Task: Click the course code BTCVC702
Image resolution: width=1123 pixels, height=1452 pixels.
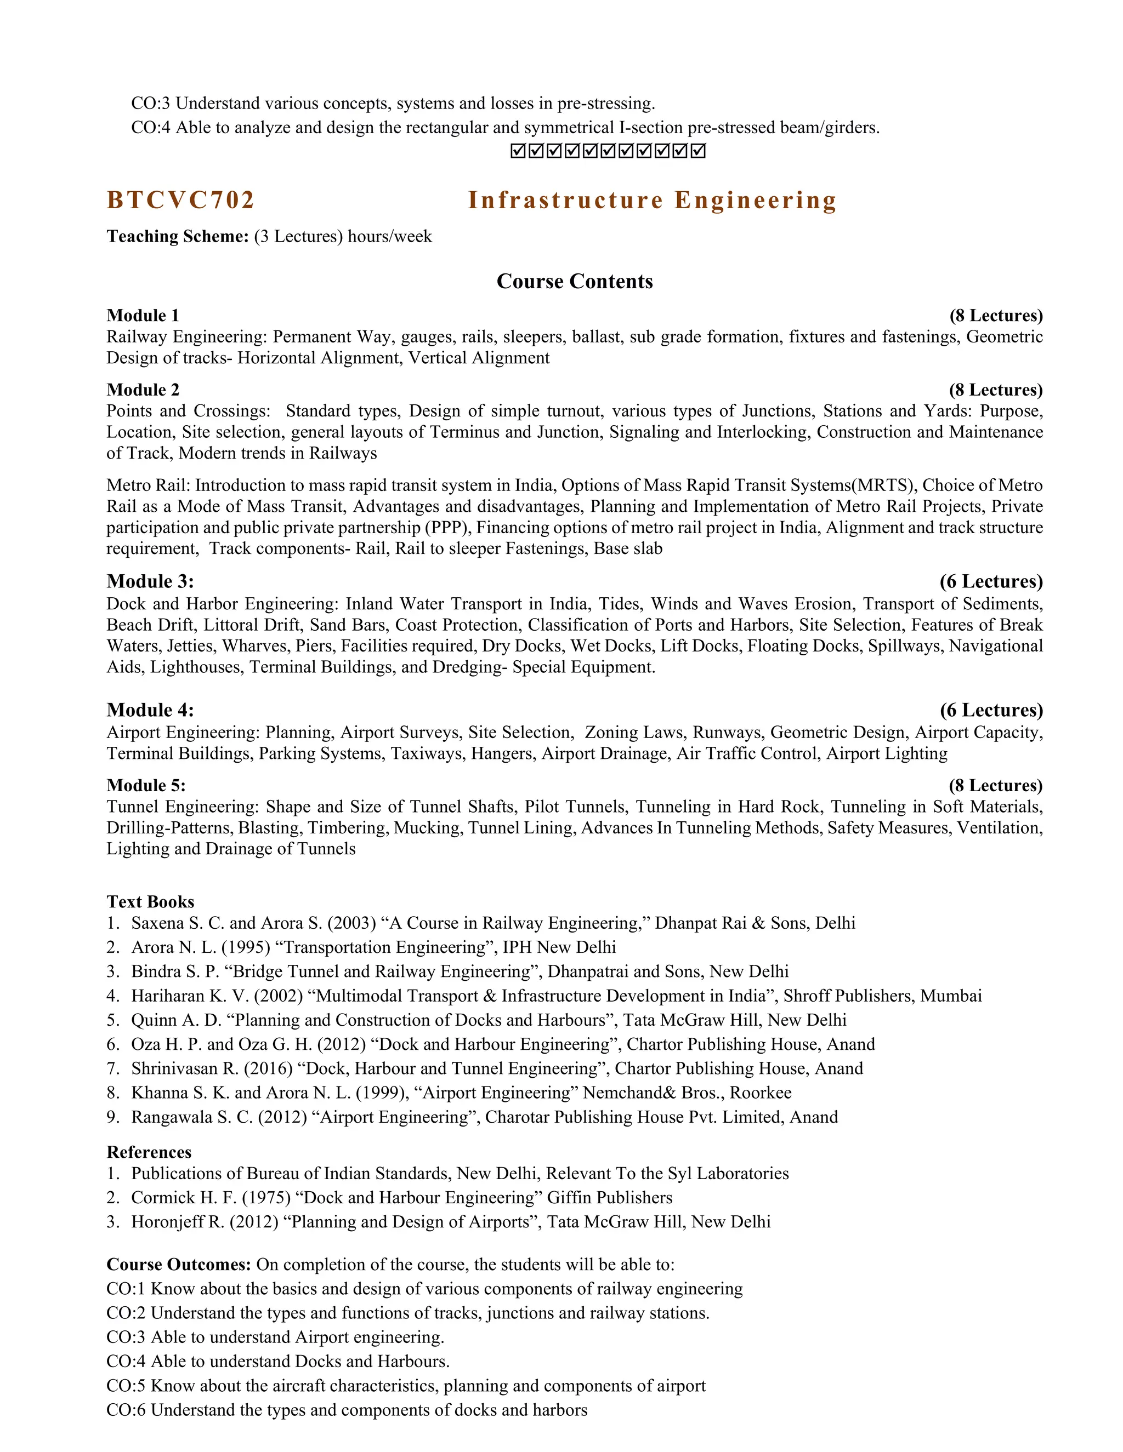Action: [x=180, y=200]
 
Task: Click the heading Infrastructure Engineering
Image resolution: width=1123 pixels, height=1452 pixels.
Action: [x=652, y=200]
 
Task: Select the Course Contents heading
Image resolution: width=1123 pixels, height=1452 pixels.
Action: [x=575, y=281]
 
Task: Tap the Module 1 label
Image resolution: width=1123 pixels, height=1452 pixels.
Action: [x=143, y=315]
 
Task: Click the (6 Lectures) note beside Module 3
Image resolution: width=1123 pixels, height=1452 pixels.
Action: [x=991, y=582]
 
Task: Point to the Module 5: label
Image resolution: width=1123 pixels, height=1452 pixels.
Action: [x=146, y=785]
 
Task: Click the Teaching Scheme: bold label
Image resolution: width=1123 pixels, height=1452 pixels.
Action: [x=178, y=237]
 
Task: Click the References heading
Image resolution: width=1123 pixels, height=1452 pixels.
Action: [x=149, y=1152]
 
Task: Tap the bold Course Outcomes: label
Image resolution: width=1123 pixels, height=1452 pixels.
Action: [x=179, y=1265]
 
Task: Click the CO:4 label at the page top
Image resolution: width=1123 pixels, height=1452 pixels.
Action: [x=150, y=128]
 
